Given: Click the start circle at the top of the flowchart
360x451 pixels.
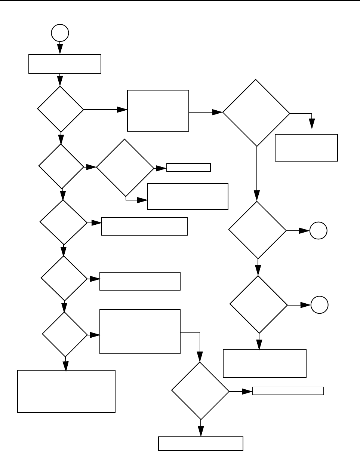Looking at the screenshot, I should click(60, 33).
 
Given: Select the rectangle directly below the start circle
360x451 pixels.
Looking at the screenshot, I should click(65, 64).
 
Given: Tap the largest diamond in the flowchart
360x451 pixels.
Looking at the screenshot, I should click(256, 113).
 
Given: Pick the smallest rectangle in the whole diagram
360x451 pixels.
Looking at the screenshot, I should click(188, 167).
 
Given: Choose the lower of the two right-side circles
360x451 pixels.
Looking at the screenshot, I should click(320, 305).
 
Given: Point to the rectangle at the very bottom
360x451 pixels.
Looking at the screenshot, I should click(201, 444).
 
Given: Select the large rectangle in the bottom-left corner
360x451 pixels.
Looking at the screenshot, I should click(66, 391).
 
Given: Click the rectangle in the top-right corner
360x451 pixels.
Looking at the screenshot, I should click(306, 147).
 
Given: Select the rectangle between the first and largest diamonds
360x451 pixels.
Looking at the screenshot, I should click(158, 110).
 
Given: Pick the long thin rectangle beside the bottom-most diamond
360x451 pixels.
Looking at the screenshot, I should click(288, 391).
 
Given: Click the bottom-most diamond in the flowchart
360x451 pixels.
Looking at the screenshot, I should click(200, 391).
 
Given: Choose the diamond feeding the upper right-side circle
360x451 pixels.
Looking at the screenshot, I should click(257, 230).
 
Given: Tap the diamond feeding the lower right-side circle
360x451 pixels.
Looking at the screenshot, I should click(258, 304).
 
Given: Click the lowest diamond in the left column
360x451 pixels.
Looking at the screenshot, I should click(65, 334).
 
